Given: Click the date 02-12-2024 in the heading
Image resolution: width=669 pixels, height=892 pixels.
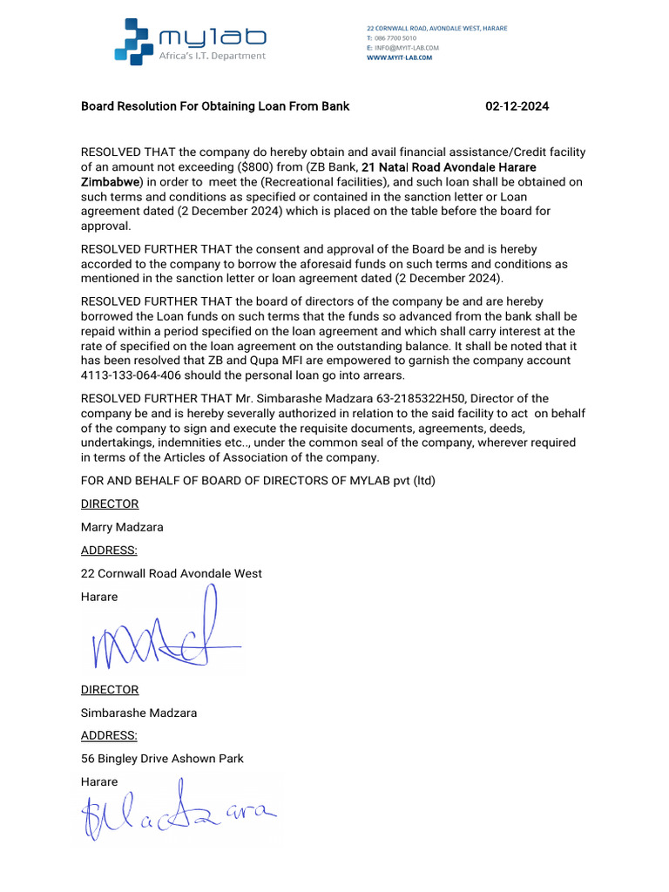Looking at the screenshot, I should coord(517,106).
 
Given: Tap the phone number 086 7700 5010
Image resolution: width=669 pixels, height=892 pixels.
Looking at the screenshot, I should coord(394,38).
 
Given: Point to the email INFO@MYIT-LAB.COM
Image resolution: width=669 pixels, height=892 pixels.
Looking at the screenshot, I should coord(406,48).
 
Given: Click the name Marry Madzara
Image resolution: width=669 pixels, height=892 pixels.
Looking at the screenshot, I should coord(121,527).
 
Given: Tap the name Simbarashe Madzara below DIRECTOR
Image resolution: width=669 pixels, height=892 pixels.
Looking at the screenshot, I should coord(139,713).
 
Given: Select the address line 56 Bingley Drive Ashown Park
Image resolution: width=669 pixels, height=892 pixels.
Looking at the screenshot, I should coord(162,759).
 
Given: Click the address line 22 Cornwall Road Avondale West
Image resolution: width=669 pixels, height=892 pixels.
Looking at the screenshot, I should coord(171,573).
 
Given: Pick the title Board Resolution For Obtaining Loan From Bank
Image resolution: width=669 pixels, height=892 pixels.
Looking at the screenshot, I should coord(215,106).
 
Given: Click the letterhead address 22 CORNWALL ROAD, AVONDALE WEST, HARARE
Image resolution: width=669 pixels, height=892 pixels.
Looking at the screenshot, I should coord(436,29).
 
